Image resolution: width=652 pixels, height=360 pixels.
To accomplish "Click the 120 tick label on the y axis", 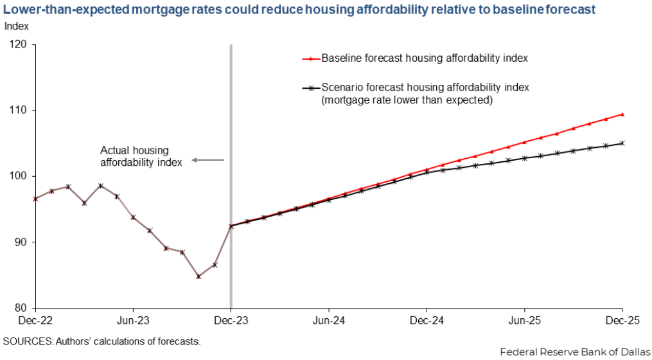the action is click(x=17, y=44).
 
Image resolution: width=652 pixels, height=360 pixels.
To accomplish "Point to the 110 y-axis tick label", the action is click(x=17, y=111).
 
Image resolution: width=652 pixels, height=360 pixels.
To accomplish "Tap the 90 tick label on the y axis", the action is click(x=20, y=242).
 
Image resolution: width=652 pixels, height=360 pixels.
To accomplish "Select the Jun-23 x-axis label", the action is click(x=133, y=320).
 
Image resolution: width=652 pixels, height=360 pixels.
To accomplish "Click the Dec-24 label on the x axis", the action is click(x=427, y=320).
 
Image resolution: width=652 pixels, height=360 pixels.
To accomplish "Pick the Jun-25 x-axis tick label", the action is click(x=525, y=320).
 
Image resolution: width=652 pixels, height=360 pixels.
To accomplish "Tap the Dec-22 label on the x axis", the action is click(x=36, y=320).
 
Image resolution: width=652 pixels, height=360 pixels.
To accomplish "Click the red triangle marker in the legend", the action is click(x=311, y=59).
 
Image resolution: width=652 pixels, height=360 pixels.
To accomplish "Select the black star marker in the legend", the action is click(x=311, y=88).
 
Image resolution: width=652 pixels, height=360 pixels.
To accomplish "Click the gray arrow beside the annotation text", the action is click(x=207, y=160).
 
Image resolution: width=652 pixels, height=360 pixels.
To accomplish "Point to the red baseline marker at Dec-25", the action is click(x=622, y=114).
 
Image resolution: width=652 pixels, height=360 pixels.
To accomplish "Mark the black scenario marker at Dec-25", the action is click(x=622, y=143).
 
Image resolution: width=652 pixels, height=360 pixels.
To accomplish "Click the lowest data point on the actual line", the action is click(x=198, y=276).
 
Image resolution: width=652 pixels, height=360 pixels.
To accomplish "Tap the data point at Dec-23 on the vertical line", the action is click(x=231, y=226).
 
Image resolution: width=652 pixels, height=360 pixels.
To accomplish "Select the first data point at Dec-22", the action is click(x=36, y=199).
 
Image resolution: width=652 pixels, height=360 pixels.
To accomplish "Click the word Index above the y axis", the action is click(x=17, y=26).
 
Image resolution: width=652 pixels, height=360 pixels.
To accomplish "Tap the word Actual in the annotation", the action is click(x=114, y=150).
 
